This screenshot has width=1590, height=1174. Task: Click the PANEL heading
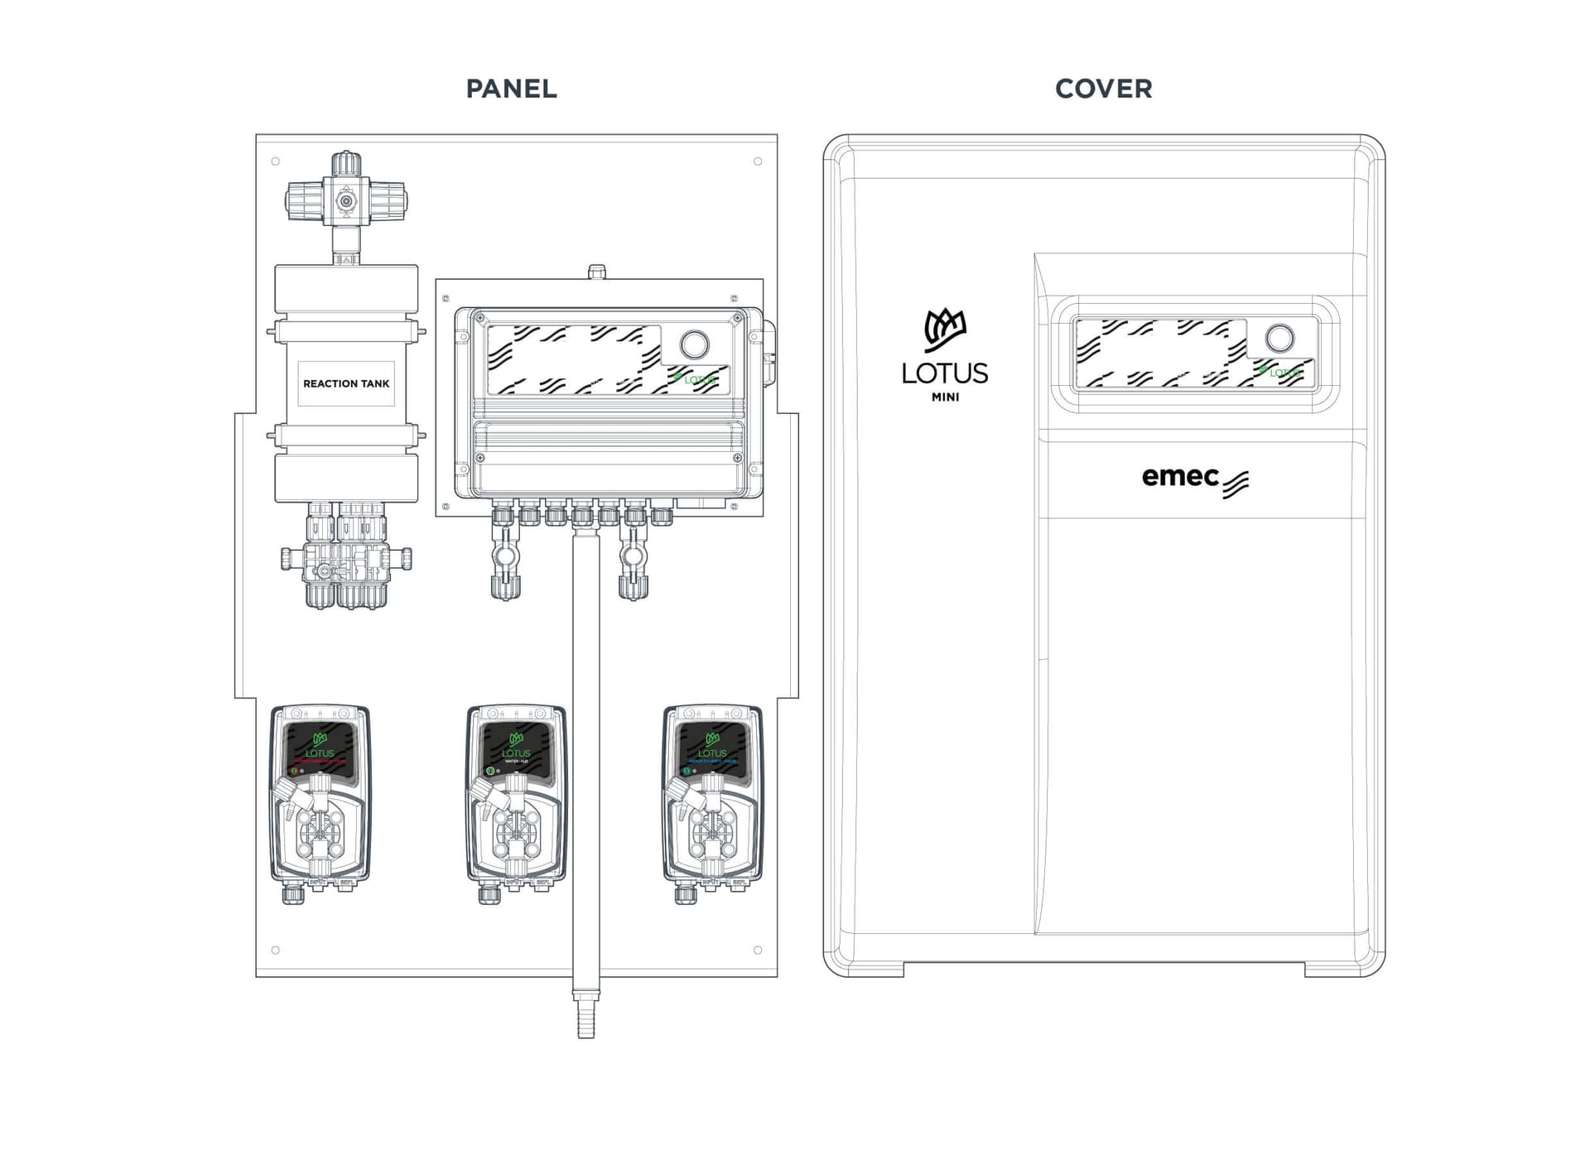pos(511,89)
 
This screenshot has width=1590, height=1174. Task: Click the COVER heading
pos(1103,89)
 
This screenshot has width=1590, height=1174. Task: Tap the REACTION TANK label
pos(346,383)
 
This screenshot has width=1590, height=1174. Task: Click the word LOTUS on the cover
pos(945,373)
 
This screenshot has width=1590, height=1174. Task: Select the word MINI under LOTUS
pos(945,397)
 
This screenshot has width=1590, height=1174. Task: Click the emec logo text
pos(1181,477)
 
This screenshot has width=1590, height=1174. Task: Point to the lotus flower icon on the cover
pos(945,330)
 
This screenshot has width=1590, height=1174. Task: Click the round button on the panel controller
pos(694,344)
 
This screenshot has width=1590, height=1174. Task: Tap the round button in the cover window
pos(1279,338)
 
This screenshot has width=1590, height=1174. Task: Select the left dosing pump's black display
pos(320,748)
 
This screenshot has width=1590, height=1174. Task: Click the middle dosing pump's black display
pos(516,748)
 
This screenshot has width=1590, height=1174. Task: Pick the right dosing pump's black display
pos(712,748)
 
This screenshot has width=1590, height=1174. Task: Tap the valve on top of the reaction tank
pos(346,201)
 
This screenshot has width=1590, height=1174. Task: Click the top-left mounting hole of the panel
pos(276,161)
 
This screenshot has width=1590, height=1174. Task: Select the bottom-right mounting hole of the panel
pos(758,950)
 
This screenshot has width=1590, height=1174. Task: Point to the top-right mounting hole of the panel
pos(758,161)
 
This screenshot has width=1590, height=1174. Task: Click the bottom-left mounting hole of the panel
pos(276,950)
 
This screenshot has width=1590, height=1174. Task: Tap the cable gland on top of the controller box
pos(596,272)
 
